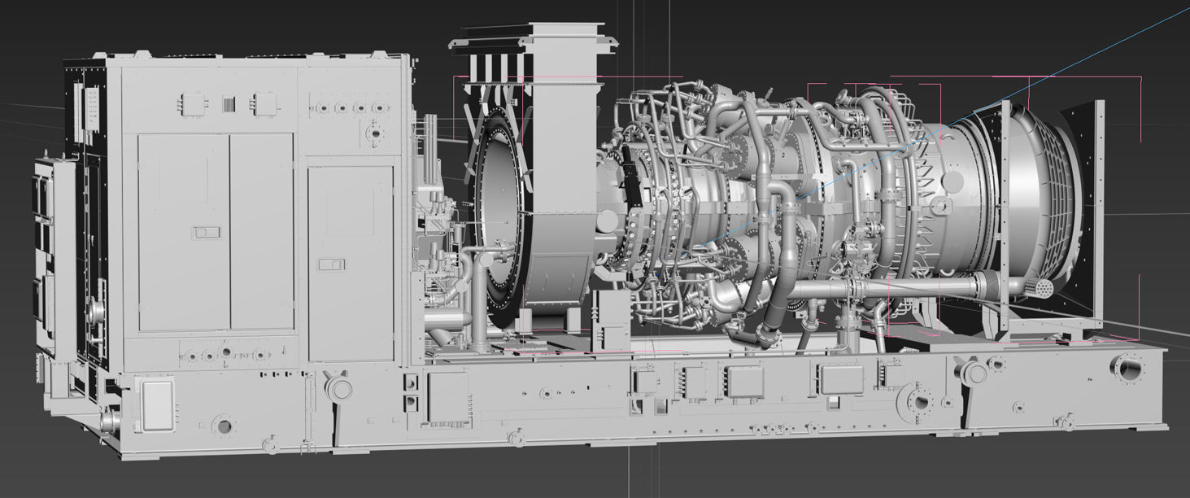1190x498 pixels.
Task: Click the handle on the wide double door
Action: pos(206,233)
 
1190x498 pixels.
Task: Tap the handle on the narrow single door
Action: pos(332,264)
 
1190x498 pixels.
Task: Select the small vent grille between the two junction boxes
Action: pos(229,103)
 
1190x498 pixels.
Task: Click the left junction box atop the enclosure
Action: pos(195,103)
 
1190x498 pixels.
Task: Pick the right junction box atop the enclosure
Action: pos(264,103)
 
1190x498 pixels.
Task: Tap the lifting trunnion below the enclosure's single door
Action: pos(338,386)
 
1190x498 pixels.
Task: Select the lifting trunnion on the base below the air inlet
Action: pos(973,372)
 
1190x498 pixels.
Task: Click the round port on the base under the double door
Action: pos(222,425)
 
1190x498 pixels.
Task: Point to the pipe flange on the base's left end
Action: pos(109,420)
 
